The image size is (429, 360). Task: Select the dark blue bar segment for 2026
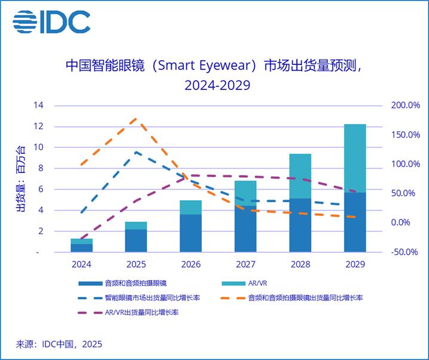pos(191,233)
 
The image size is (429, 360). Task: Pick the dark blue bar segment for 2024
pos(82,247)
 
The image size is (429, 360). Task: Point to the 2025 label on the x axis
pos(136,263)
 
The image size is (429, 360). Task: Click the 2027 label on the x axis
pos(245,263)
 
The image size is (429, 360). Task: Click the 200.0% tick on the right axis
pos(405,105)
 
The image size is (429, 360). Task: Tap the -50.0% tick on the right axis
pos(405,252)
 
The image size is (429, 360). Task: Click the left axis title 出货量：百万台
pos(21,179)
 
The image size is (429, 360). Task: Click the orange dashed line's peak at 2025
pos(135,119)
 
